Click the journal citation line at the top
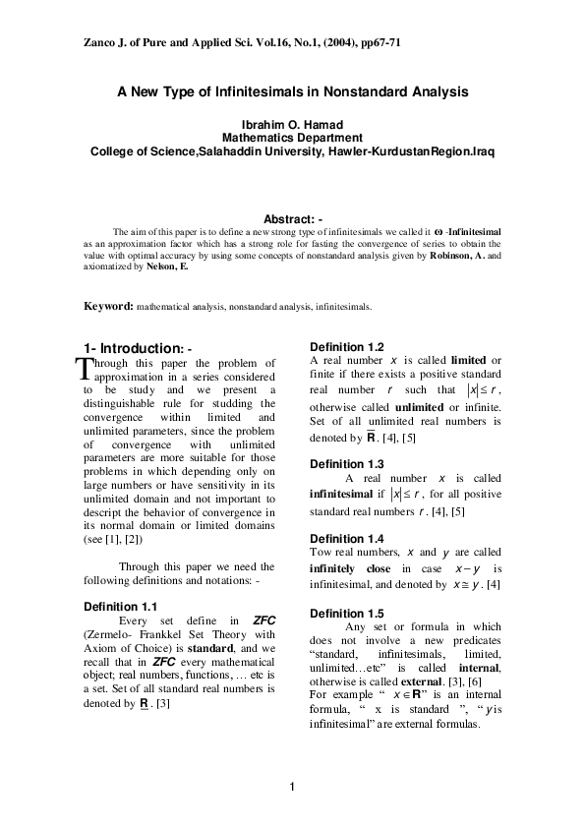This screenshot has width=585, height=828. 237,45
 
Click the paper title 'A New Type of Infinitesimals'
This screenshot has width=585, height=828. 292,92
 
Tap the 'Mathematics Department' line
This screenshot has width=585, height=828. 292,139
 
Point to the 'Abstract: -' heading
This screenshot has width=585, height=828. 292,218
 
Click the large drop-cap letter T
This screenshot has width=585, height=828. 83,368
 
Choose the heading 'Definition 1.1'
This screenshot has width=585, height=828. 120,606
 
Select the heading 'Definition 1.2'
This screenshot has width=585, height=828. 346,346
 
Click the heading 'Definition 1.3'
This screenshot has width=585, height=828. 346,463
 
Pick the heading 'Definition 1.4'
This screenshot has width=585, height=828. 346,539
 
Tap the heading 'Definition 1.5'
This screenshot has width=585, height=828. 346,614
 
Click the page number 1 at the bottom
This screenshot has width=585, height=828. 292,786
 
